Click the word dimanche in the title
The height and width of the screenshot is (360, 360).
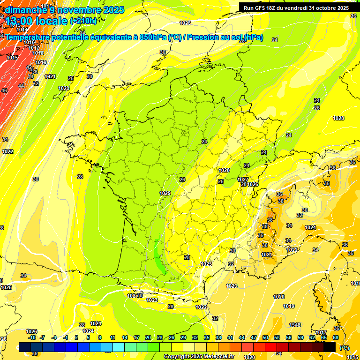pos(24,10)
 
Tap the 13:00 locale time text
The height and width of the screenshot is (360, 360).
pos(36,21)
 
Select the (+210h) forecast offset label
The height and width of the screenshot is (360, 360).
pos(83,21)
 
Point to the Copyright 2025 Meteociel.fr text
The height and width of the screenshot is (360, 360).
pos(198,356)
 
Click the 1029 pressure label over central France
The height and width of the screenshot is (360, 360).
pos(165,193)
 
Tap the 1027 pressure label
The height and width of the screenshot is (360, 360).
pos(243,180)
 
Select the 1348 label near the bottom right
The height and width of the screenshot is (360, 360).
pos(295,325)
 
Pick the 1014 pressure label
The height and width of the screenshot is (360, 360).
pos(22,30)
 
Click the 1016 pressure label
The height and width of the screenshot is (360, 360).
pos(29,42)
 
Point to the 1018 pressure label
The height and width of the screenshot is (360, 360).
pos(38,53)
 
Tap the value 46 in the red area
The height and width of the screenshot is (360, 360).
pos(4,90)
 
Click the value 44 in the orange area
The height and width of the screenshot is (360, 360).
pos(21,86)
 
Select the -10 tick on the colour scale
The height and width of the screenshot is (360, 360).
pos(32,337)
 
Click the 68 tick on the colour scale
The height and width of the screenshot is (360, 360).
pos(336,337)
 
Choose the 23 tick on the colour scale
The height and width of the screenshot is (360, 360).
pos(159,337)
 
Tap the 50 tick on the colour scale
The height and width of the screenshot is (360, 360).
pos(265,337)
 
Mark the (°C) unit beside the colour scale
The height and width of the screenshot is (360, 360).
pos(344,347)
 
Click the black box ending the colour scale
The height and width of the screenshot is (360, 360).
pos(330,347)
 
